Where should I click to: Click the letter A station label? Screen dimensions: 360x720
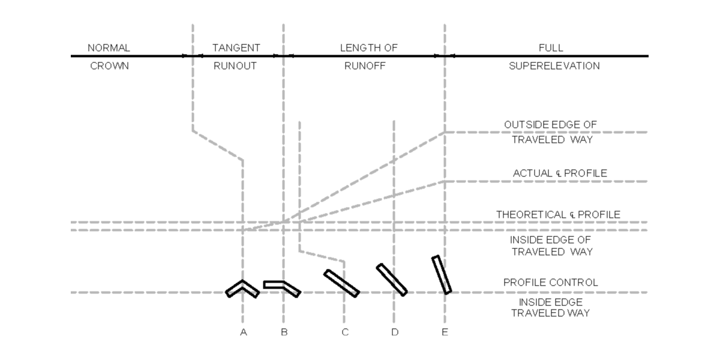[x=243, y=332]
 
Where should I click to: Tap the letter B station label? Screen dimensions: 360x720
[x=284, y=332]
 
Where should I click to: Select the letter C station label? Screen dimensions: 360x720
[x=344, y=332]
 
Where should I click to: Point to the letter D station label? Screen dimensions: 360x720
[x=394, y=332]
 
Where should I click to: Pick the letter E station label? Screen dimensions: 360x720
[x=445, y=332]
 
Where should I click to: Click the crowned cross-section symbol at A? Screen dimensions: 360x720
[x=242, y=288]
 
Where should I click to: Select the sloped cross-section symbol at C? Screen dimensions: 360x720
[x=341, y=283]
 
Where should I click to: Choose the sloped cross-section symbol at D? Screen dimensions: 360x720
[x=392, y=280]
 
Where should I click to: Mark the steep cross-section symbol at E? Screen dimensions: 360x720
[x=442, y=275]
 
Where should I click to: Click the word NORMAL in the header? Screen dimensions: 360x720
[x=109, y=48]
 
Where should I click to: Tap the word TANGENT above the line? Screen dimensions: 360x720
[x=236, y=48]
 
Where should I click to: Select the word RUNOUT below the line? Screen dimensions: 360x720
[x=235, y=66]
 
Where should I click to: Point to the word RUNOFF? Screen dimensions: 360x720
[x=365, y=66]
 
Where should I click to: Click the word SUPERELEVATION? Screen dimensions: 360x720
[x=554, y=66]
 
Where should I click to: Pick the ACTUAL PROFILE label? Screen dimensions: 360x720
[x=559, y=173]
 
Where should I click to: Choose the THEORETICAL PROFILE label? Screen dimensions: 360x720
[x=558, y=214]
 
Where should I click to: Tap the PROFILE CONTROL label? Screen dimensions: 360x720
[x=550, y=283]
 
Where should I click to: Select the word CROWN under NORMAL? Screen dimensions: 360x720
[x=109, y=66]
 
